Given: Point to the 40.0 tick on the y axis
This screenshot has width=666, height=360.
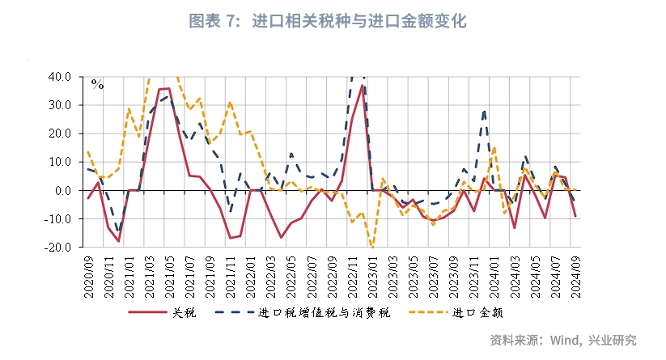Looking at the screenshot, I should coord(61,77).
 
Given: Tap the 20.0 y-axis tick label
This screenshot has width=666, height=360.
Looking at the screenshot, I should coord(61,133).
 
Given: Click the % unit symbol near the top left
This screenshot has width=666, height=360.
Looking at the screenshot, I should coord(97,83).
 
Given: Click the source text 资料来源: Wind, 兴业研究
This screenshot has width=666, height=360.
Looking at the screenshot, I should coord(563,340).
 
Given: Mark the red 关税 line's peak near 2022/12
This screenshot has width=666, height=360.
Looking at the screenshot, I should coord(362,85).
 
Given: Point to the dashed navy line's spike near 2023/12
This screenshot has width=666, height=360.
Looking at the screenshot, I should coord(484,111).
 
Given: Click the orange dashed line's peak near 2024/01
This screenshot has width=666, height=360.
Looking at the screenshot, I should coord(494,146).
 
